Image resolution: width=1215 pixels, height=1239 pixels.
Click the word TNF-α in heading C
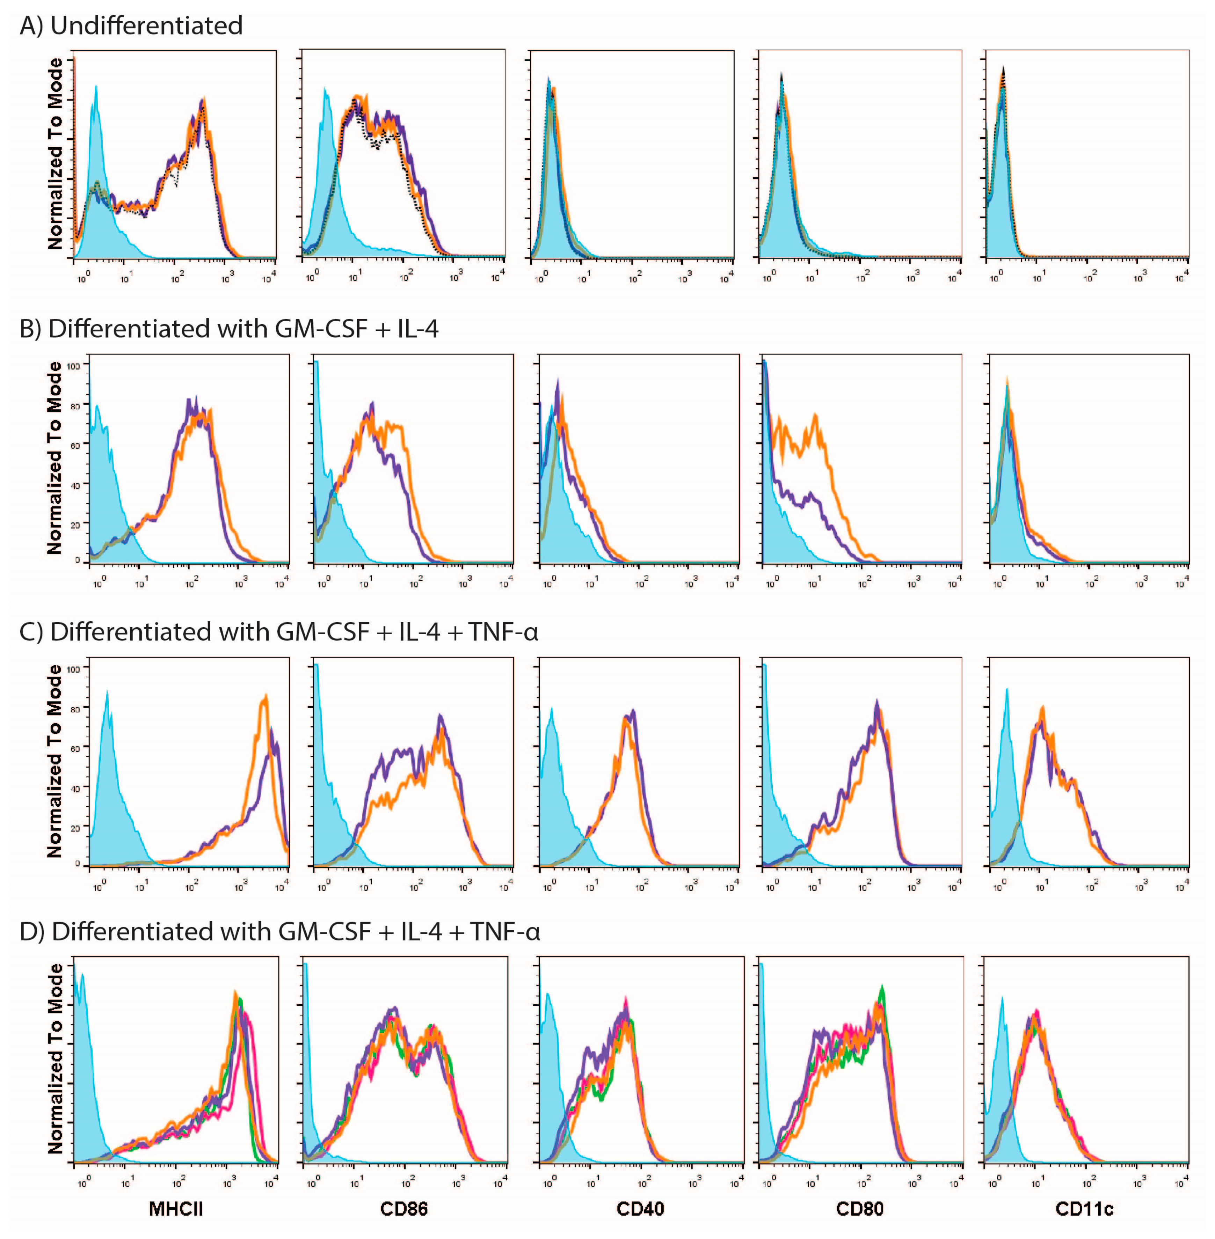503,632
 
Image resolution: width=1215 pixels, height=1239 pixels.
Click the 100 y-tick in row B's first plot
74,366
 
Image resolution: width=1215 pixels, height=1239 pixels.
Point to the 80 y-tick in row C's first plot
75,709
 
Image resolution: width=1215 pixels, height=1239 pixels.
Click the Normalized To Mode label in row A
56,153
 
